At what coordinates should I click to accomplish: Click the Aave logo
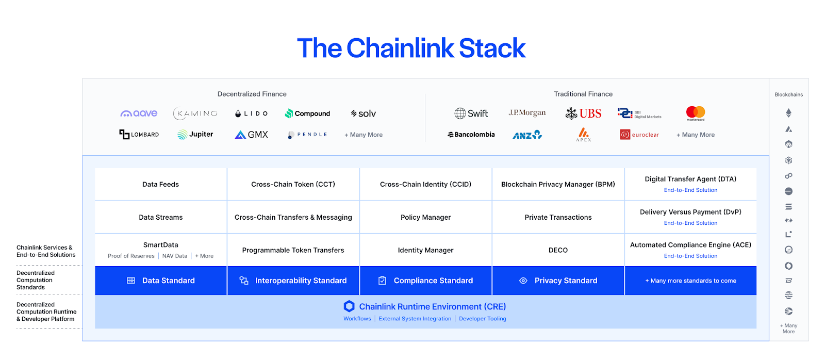tap(139, 113)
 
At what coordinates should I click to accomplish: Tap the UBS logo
tap(584, 113)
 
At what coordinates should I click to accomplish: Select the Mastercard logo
tap(695, 113)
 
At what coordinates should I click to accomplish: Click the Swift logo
tap(471, 113)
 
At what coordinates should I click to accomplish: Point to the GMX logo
tap(252, 135)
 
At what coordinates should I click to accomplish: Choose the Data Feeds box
tap(161, 184)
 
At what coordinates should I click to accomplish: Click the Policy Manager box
tap(425, 217)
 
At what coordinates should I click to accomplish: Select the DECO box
tap(558, 250)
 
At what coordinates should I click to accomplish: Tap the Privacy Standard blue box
tap(558, 281)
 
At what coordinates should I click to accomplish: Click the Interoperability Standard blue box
tap(293, 281)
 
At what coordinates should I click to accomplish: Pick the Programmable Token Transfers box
tap(293, 250)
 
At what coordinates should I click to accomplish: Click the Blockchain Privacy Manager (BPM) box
tap(558, 184)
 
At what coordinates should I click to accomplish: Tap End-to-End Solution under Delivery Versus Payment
tap(690, 223)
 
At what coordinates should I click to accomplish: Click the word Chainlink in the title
tap(400, 48)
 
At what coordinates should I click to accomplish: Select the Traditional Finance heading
tap(583, 94)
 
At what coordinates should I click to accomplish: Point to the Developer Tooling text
tap(483, 319)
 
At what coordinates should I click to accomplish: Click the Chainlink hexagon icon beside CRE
tap(349, 306)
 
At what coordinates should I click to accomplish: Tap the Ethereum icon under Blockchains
tap(788, 113)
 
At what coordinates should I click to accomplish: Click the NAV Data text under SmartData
tap(175, 256)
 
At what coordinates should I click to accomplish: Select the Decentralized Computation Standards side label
tap(35, 280)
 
